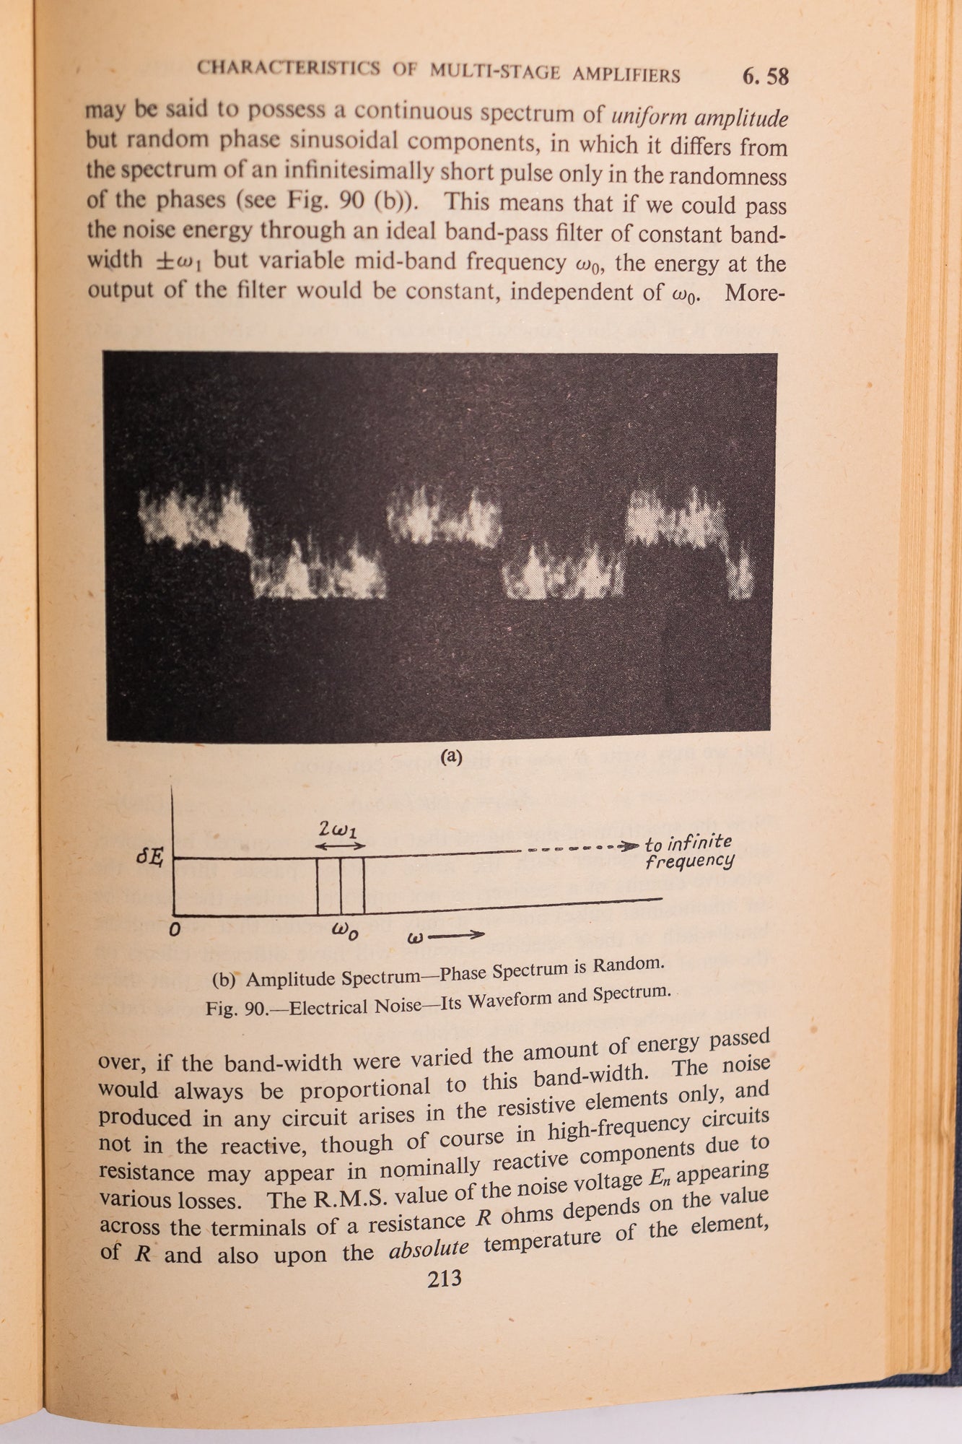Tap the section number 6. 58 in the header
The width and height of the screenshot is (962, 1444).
point(765,76)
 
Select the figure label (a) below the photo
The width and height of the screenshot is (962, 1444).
point(450,757)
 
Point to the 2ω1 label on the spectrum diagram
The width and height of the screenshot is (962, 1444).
point(336,829)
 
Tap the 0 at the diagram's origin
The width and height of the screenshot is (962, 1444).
point(174,930)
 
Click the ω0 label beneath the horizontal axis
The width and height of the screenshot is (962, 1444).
point(344,932)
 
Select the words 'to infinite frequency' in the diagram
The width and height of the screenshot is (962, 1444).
point(688,852)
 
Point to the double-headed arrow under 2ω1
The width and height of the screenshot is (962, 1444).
point(341,845)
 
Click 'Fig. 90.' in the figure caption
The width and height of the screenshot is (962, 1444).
point(236,1008)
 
